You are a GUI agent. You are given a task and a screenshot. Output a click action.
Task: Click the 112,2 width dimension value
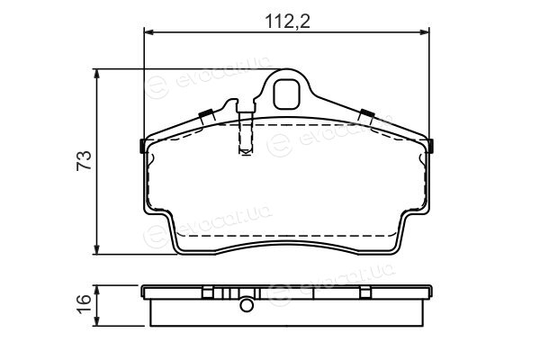[x=288, y=22]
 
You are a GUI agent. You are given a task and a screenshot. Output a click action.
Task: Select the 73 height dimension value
[x=84, y=160]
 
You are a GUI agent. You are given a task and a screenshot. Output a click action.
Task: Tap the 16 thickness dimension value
[x=84, y=303]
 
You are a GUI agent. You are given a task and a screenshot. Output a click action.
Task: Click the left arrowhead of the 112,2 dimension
[x=148, y=32]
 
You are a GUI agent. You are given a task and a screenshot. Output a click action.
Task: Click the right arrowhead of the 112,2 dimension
[x=425, y=32]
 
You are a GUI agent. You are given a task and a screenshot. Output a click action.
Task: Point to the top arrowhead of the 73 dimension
[x=97, y=74]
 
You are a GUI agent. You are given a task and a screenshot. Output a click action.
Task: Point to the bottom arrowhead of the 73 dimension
[x=97, y=250]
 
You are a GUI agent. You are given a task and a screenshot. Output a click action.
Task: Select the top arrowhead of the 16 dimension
[x=97, y=290]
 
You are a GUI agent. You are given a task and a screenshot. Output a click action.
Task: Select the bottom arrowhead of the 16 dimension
[x=97, y=321]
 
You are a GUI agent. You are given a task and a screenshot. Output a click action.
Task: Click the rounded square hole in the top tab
[x=286, y=94]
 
